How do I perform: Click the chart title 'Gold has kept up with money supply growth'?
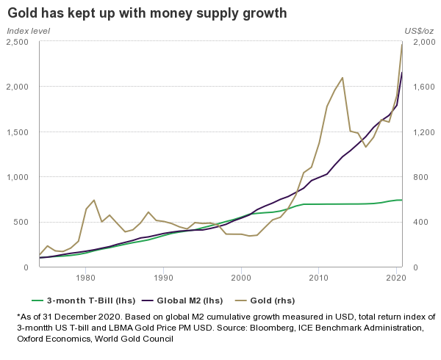point(147,14)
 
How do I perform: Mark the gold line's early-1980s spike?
point(94,200)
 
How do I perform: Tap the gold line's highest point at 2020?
point(402,43)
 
